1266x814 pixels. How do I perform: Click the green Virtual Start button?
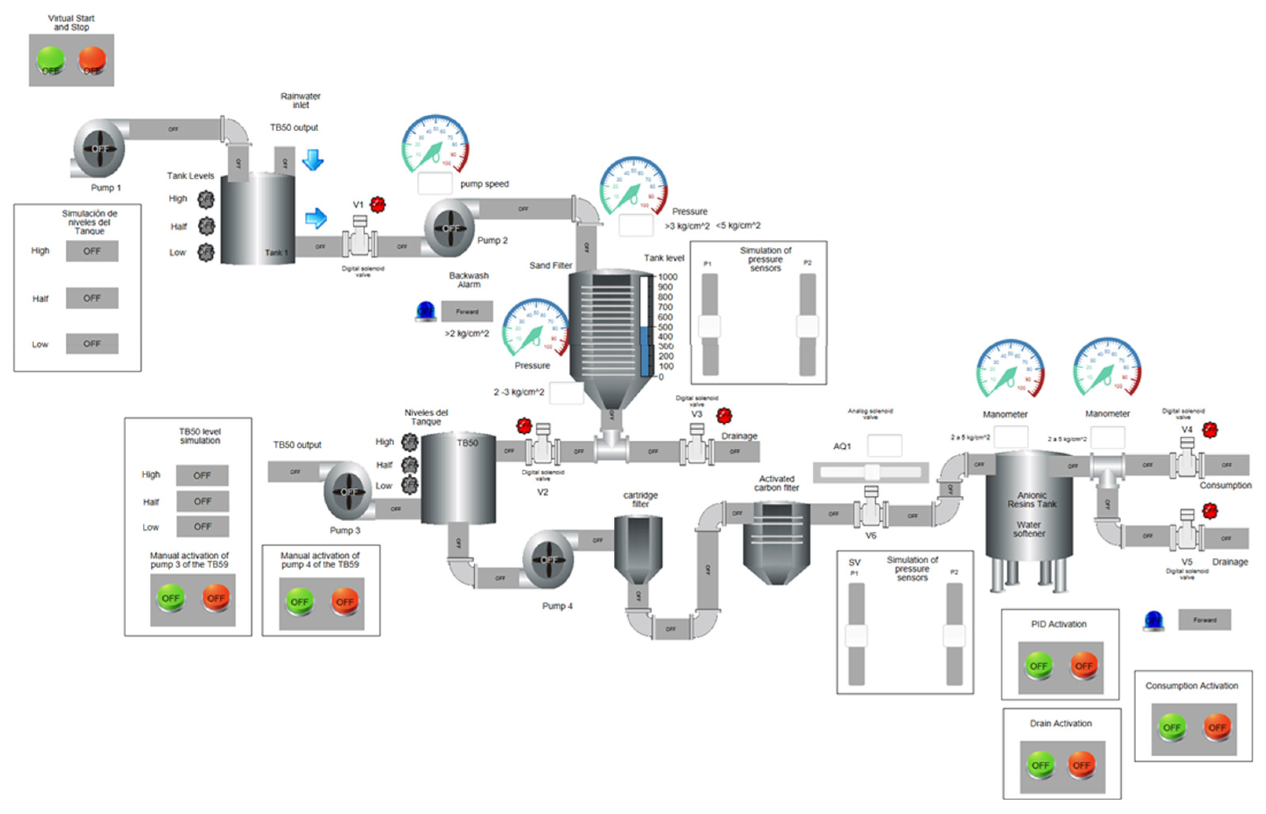coord(50,60)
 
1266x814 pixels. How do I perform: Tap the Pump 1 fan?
coord(99,149)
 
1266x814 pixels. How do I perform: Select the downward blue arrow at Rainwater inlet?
coord(313,160)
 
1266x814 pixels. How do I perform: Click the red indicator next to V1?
coord(377,204)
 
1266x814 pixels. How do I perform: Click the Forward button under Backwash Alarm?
coord(467,311)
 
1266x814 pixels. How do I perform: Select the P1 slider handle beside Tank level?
coord(709,326)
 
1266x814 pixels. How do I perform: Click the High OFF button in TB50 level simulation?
coord(202,475)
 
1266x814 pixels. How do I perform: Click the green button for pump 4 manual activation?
coord(299,601)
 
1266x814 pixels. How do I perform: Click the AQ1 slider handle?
coord(872,472)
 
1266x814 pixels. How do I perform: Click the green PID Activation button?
coord(1038,666)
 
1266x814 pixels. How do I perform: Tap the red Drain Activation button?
coord(1082,765)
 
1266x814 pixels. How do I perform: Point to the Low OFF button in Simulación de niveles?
coord(92,344)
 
